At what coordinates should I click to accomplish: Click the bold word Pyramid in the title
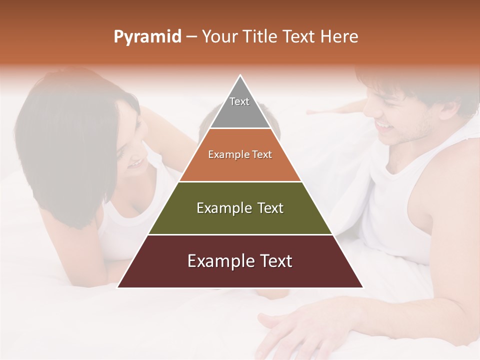147,37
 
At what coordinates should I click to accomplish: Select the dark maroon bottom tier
240,272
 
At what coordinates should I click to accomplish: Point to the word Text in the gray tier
239,101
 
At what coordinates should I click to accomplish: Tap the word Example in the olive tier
219,208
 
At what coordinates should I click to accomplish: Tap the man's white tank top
395,210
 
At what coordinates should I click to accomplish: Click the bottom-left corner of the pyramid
118,287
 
